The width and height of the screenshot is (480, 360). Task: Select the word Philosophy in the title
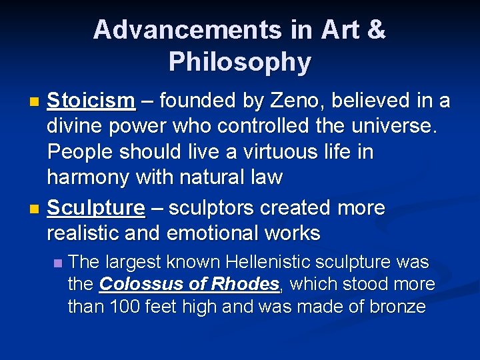point(240,62)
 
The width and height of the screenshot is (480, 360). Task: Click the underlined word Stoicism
point(91,101)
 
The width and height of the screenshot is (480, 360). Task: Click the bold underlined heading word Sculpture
point(96,208)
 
